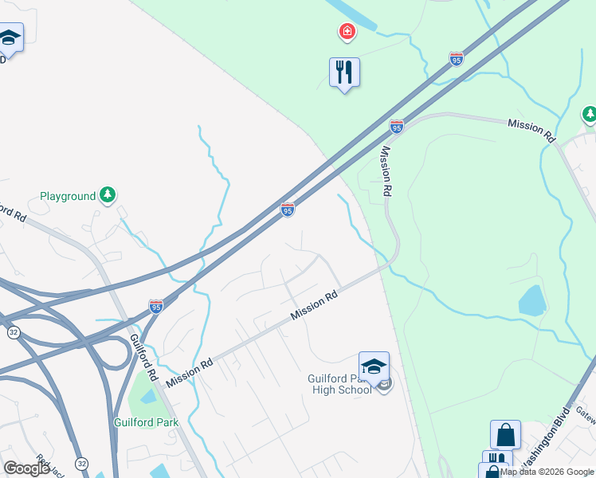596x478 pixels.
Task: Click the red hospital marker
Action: [x=347, y=33]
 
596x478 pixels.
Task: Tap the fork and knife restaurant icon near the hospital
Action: [x=344, y=73]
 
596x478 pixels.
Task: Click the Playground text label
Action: [x=68, y=196]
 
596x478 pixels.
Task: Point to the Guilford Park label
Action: [x=144, y=422]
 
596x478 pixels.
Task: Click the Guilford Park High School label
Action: [x=340, y=384]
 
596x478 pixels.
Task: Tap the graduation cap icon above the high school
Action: [x=374, y=366]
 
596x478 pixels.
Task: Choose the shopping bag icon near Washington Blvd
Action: [x=505, y=435]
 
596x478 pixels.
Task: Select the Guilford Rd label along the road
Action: [x=143, y=358]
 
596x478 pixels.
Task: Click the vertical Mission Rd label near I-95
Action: [x=386, y=171]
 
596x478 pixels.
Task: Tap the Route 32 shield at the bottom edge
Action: [x=81, y=463]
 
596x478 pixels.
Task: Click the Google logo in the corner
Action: [x=27, y=469]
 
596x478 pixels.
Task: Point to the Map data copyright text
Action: [x=547, y=472]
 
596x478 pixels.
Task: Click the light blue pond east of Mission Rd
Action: [x=531, y=301]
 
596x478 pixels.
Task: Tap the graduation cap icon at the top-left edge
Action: [x=10, y=37]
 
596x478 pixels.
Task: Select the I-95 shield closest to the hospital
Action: [x=456, y=59]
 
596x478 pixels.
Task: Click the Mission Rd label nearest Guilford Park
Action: [x=190, y=372]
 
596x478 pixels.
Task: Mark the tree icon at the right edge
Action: [x=590, y=116]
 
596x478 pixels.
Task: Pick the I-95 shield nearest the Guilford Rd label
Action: [x=156, y=306]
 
